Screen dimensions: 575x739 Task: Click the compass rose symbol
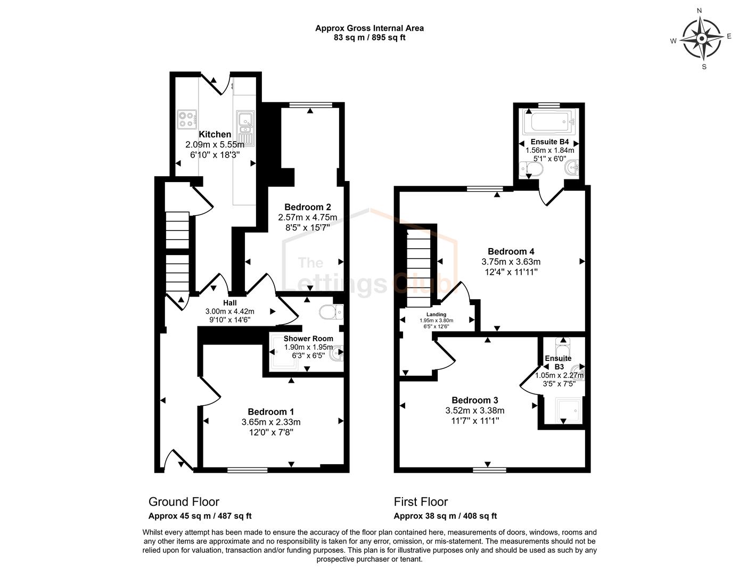point(702,39)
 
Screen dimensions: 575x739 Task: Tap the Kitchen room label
point(215,135)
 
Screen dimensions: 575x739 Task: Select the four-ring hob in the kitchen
point(187,119)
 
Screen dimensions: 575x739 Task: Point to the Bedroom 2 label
point(308,207)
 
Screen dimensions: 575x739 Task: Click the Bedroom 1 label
point(270,412)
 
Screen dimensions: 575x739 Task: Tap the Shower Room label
point(308,339)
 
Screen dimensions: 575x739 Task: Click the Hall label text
point(230,303)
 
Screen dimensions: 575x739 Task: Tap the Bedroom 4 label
point(511,251)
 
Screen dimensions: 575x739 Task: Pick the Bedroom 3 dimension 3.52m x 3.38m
point(475,410)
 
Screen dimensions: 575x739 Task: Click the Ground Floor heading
point(184,502)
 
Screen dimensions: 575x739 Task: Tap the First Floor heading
point(421,502)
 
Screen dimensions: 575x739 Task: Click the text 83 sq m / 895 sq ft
point(369,38)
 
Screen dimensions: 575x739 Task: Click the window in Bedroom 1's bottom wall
point(248,470)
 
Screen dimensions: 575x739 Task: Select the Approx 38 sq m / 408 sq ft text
point(445,516)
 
